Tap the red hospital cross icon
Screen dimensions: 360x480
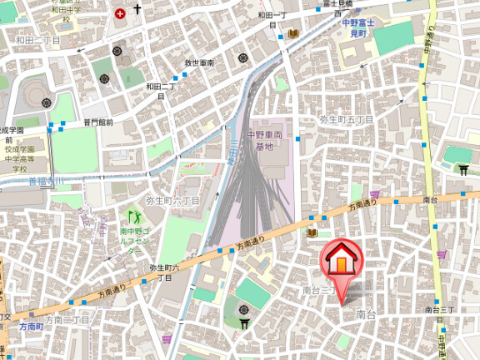[121, 14]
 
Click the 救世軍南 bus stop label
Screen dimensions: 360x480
[199, 63]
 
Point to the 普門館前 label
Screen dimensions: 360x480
[97, 122]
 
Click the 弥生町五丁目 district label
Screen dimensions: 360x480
[347, 119]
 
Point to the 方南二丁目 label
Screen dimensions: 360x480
[67, 319]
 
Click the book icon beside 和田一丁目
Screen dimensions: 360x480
[293, 33]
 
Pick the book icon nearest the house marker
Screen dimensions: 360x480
[312, 234]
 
